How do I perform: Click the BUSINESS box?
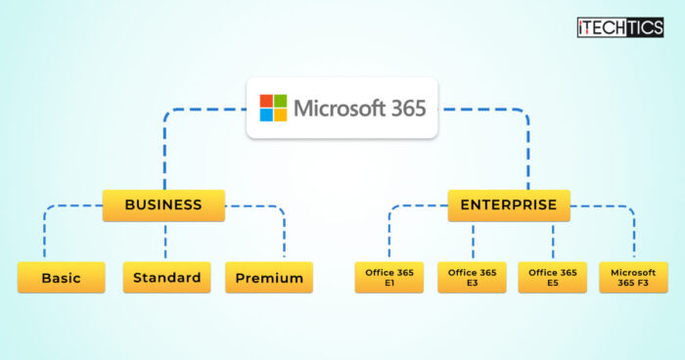tap(163, 205)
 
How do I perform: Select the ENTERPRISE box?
tap(509, 205)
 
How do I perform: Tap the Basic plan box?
tap(61, 278)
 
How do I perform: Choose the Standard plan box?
tap(167, 278)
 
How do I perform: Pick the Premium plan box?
tap(269, 278)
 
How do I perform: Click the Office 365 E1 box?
tap(388, 278)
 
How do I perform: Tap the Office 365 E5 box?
tap(552, 278)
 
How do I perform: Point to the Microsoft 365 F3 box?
tap(633, 278)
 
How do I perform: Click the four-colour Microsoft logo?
tap(273, 108)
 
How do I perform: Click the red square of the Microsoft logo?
tap(266, 101)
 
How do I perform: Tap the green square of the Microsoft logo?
tap(281, 101)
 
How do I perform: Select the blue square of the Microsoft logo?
tap(266, 115)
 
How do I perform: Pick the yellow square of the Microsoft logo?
tap(281, 115)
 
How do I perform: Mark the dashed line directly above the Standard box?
tap(165, 242)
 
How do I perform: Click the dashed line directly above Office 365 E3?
tap(473, 243)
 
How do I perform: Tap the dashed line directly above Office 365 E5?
tap(552, 243)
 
